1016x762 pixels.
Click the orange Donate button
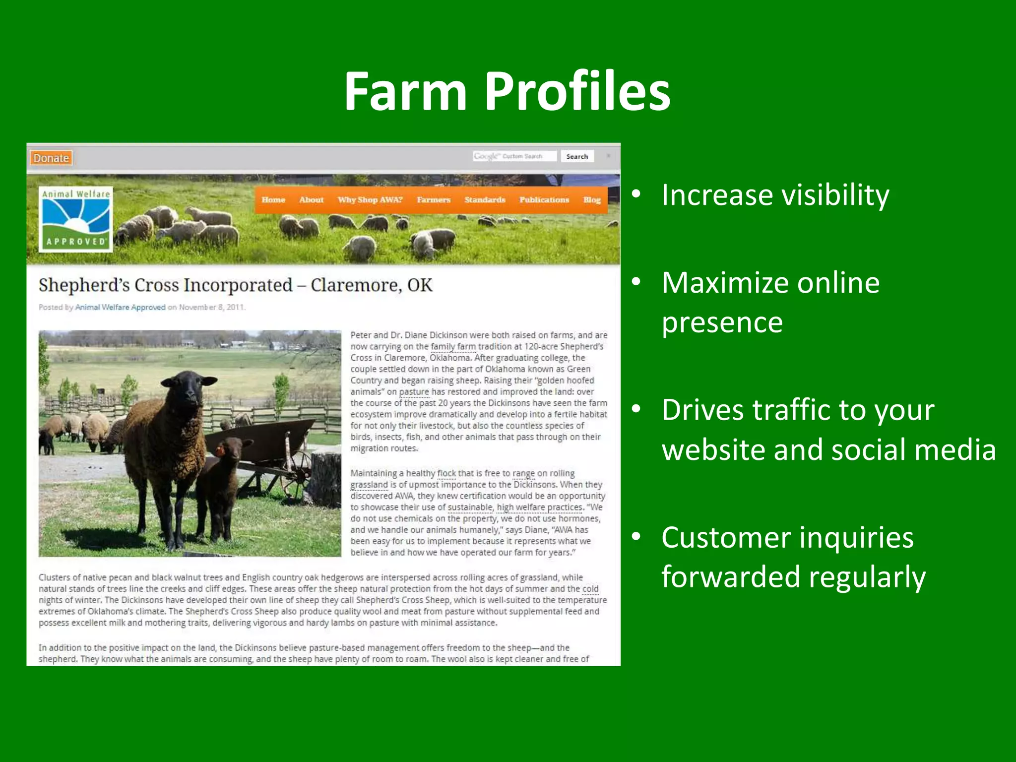51,158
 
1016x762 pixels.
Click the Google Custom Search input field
514,156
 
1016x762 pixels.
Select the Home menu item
273,200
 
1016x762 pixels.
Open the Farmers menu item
434,200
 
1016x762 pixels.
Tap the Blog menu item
592,200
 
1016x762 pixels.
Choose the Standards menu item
485,200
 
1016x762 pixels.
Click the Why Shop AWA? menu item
370,200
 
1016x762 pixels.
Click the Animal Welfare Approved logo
76,219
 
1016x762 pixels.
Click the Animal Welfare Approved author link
120,308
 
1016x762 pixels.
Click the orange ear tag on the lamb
220,451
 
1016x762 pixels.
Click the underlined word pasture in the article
414,392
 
